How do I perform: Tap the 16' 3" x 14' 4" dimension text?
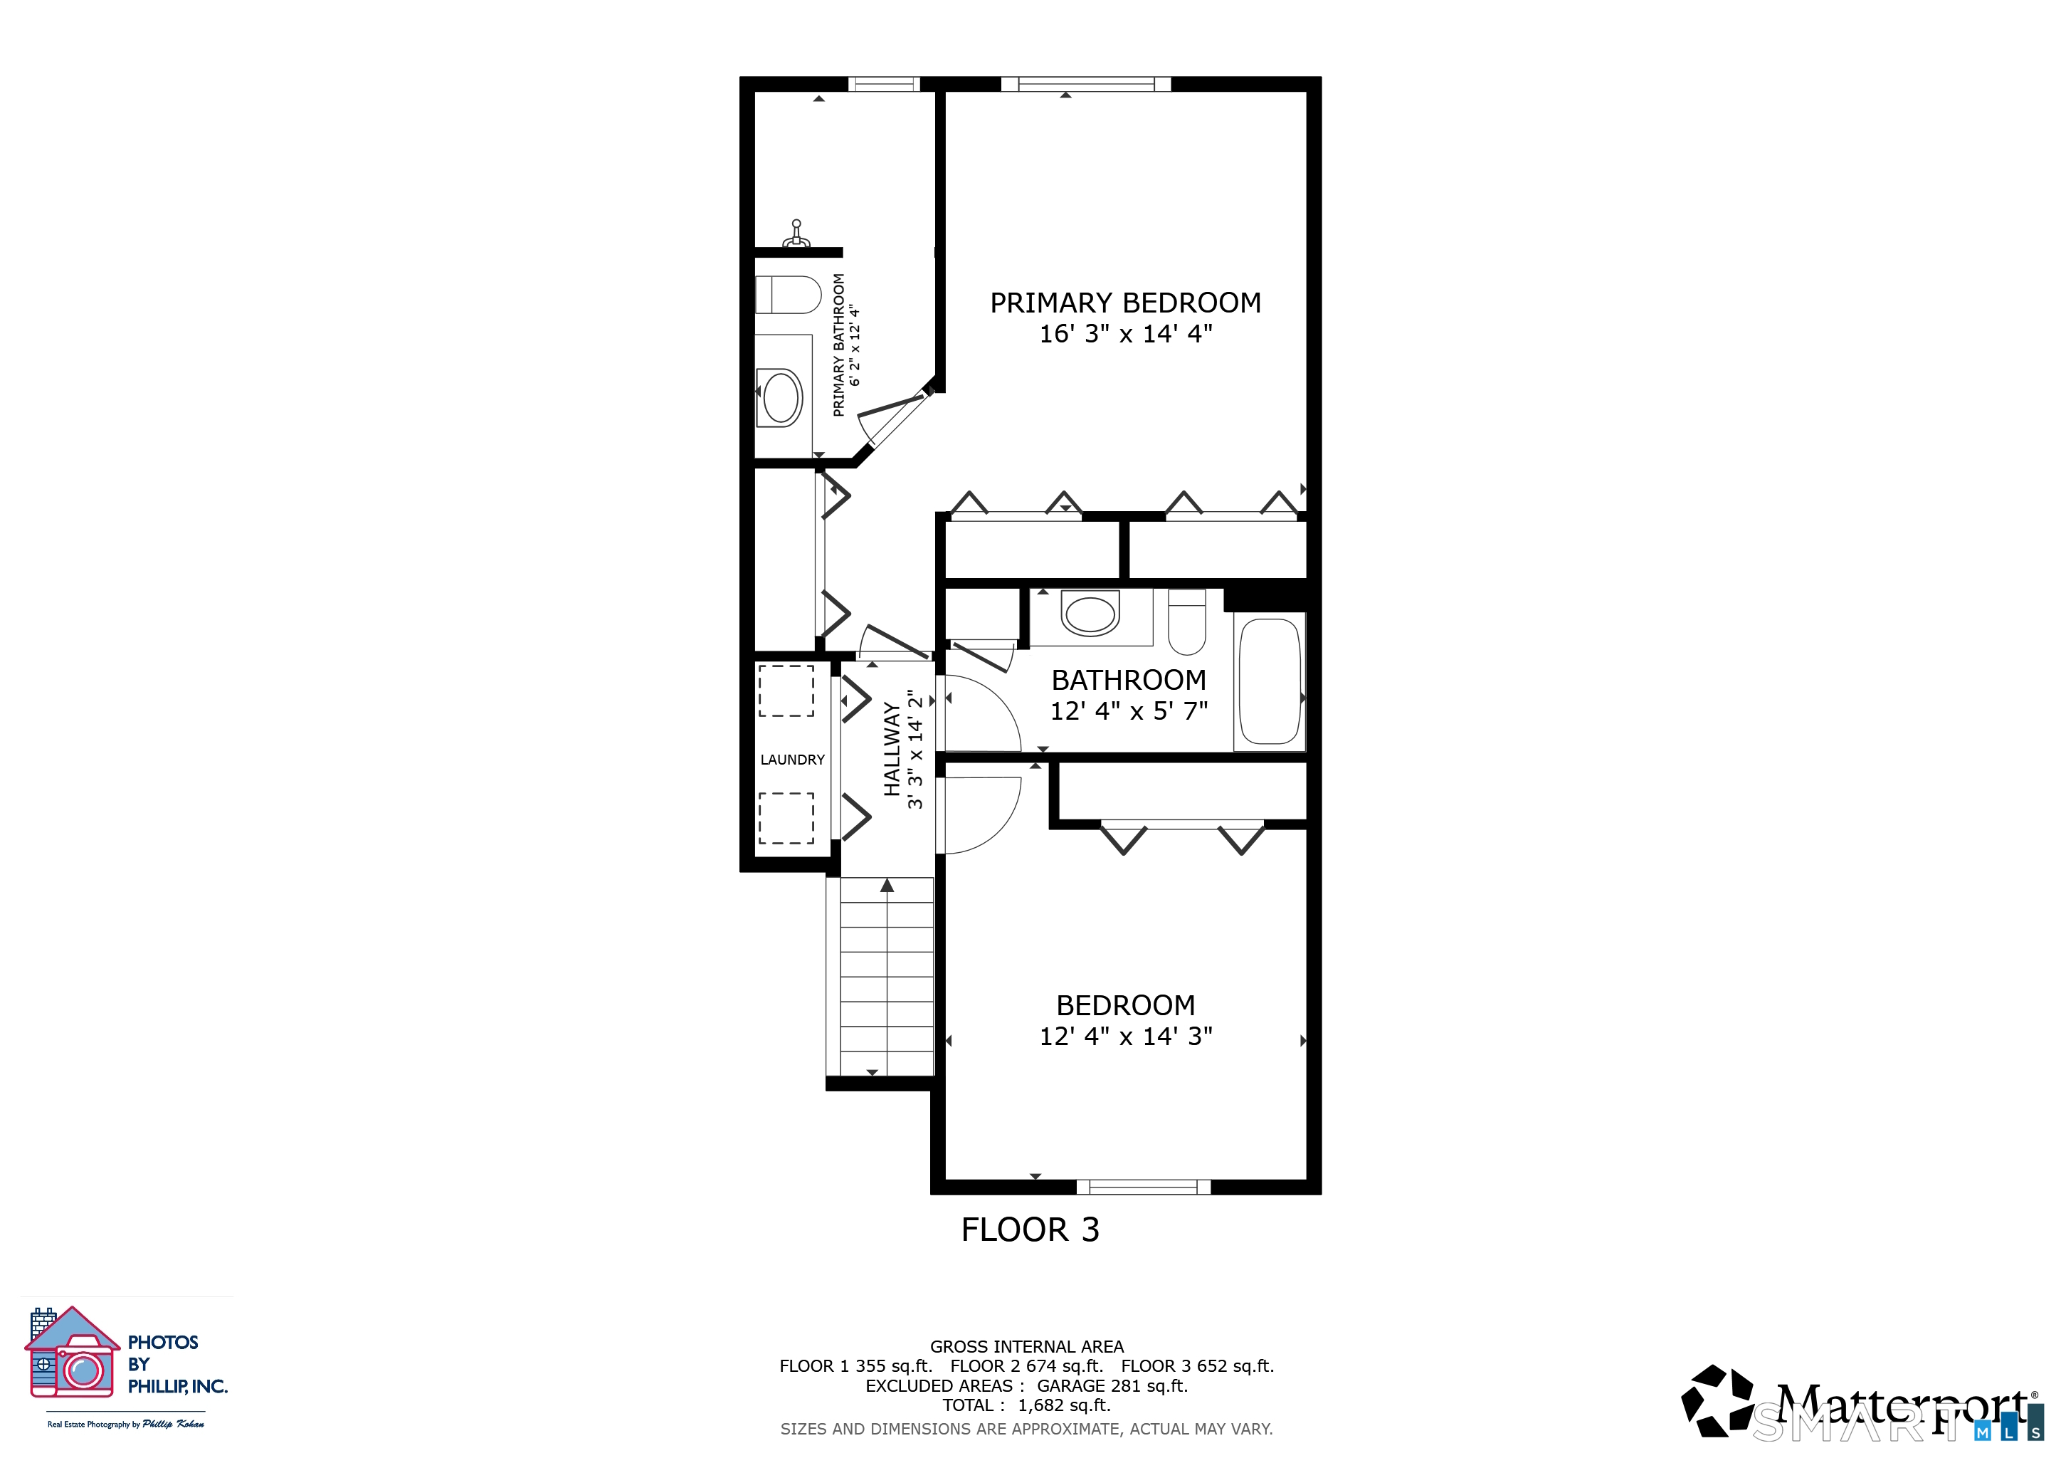pos(1126,334)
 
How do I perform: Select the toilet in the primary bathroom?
pos(788,295)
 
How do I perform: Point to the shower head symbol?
pos(796,234)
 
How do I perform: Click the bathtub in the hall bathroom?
pos(1270,681)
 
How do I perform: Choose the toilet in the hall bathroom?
pos(1186,622)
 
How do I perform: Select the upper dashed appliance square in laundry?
pos(786,690)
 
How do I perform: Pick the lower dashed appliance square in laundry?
pos(786,818)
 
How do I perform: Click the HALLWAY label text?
pos(891,749)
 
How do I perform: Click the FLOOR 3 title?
pos(1030,1230)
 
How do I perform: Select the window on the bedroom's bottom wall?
pos(1144,1187)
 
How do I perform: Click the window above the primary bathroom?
pos(884,85)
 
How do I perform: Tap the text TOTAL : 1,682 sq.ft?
pos(1027,1405)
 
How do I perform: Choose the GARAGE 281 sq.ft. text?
pos(1112,1385)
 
